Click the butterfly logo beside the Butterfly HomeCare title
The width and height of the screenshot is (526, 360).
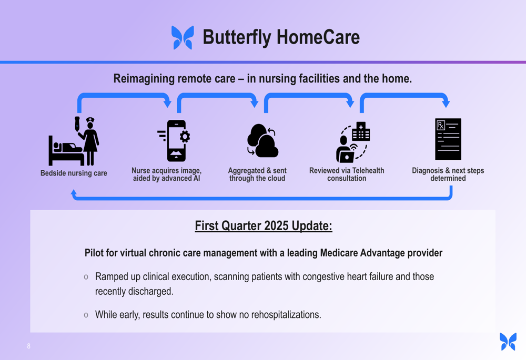click(x=183, y=37)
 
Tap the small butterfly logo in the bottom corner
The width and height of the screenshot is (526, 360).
click(x=508, y=342)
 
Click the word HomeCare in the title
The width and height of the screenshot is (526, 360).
click(x=318, y=37)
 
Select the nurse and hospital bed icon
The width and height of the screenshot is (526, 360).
click(x=74, y=141)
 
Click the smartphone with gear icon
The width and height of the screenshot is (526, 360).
click(x=175, y=141)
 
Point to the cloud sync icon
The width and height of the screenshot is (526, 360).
click(x=262, y=140)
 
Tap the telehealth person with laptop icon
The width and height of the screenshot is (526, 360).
click(x=353, y=142)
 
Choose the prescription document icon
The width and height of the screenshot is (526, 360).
click(x=448, y=139)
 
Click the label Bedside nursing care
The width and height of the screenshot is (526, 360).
click(x=74, y=173)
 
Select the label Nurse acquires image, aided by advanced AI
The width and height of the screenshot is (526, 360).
click(x=166, y=174)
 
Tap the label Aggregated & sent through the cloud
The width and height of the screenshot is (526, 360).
click(x=257, y=174)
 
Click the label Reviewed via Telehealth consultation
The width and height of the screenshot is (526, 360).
click(x=347, y=174)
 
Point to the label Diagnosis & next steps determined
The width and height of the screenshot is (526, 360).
click(x=448, y=174)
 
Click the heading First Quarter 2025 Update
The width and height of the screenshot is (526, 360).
click(x=264, y=226)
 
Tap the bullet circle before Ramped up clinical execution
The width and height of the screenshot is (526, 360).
click(x=86, y=277)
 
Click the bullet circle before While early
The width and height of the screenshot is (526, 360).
click(x=86, y=315)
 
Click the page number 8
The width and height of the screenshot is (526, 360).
click(x=29, y=346)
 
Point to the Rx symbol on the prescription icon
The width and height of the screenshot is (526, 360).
click(x=441, y=126)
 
